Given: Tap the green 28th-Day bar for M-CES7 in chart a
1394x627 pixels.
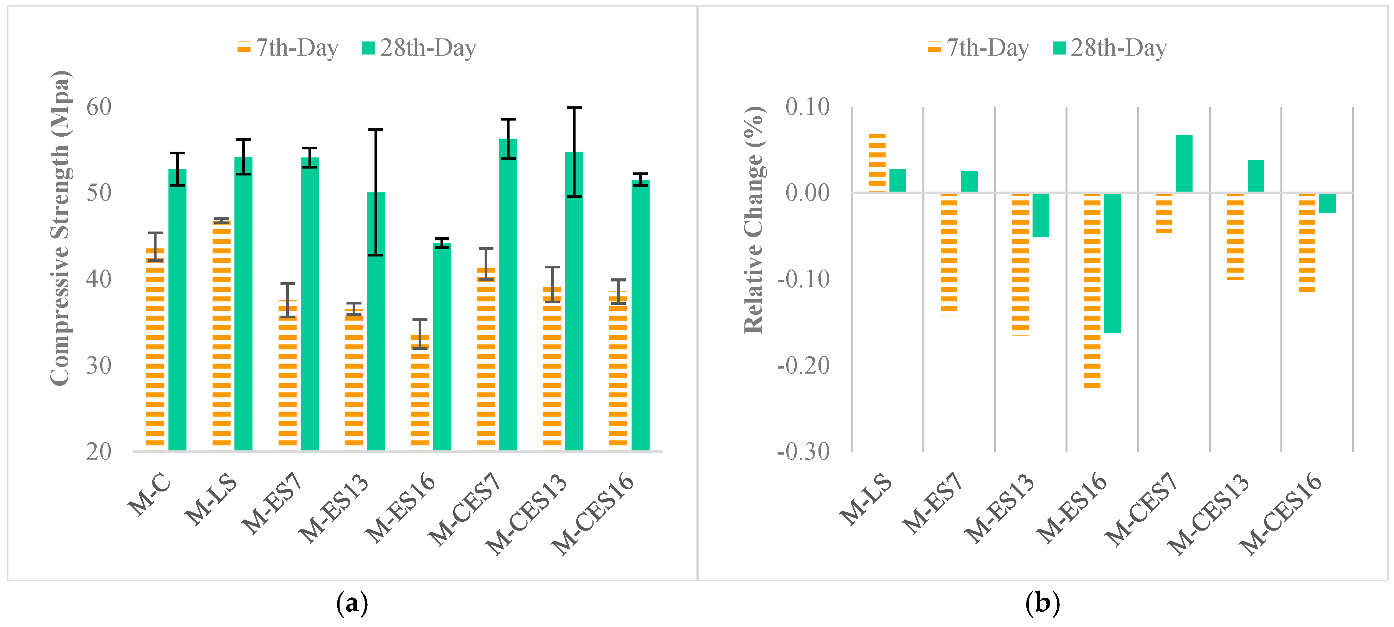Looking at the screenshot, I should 508,295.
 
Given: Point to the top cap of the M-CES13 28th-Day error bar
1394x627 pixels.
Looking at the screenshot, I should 574,108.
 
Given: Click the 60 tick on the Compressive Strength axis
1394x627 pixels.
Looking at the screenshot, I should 99,107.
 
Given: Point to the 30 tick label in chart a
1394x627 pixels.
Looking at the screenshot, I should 99,366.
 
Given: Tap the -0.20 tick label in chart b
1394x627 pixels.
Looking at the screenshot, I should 803,366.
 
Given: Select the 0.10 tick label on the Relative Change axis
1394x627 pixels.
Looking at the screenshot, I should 807,107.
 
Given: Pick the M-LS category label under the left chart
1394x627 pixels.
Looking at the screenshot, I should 211,499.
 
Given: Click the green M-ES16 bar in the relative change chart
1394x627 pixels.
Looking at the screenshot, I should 1112,263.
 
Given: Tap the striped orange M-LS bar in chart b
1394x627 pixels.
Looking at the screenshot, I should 877,162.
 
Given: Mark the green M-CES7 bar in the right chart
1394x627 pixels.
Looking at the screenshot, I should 1184,164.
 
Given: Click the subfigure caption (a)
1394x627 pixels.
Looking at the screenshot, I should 352,603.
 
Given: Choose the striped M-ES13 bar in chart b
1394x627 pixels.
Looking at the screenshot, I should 1020,264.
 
